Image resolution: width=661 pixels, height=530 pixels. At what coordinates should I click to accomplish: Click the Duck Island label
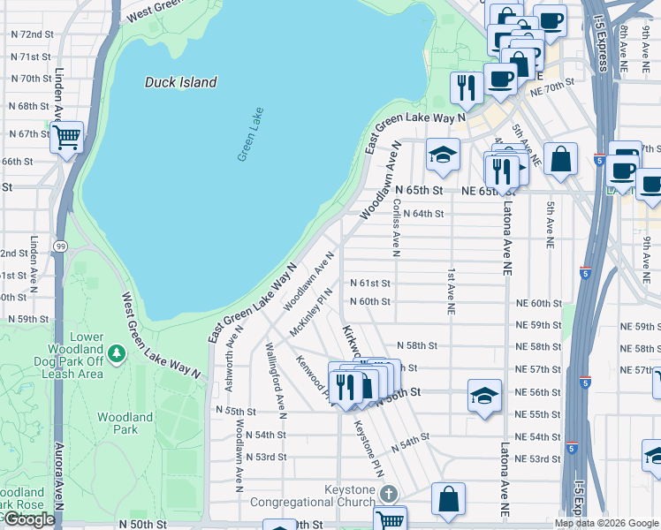[x=180, y=82]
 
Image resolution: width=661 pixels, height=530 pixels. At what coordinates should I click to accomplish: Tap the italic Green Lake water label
[x=250, y=133]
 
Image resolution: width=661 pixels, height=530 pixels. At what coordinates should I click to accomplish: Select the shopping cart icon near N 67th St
[x=67, y=138]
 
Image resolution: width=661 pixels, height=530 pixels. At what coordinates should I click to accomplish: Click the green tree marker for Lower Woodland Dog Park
[x=118, y=352]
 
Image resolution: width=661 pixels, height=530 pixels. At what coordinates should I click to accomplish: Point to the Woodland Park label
[x=118, y=423]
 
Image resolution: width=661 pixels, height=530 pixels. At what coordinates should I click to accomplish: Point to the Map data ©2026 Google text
[x=605, y=523]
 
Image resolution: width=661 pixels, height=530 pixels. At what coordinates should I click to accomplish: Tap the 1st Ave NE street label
[x=450, y=291]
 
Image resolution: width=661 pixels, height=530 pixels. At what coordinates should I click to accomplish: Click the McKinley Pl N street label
[x=310, y=312]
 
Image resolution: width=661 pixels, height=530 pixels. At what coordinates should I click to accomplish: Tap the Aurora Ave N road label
[x=60, y=477]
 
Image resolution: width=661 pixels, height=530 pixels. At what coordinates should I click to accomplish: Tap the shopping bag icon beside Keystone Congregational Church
[x=448, y=497]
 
